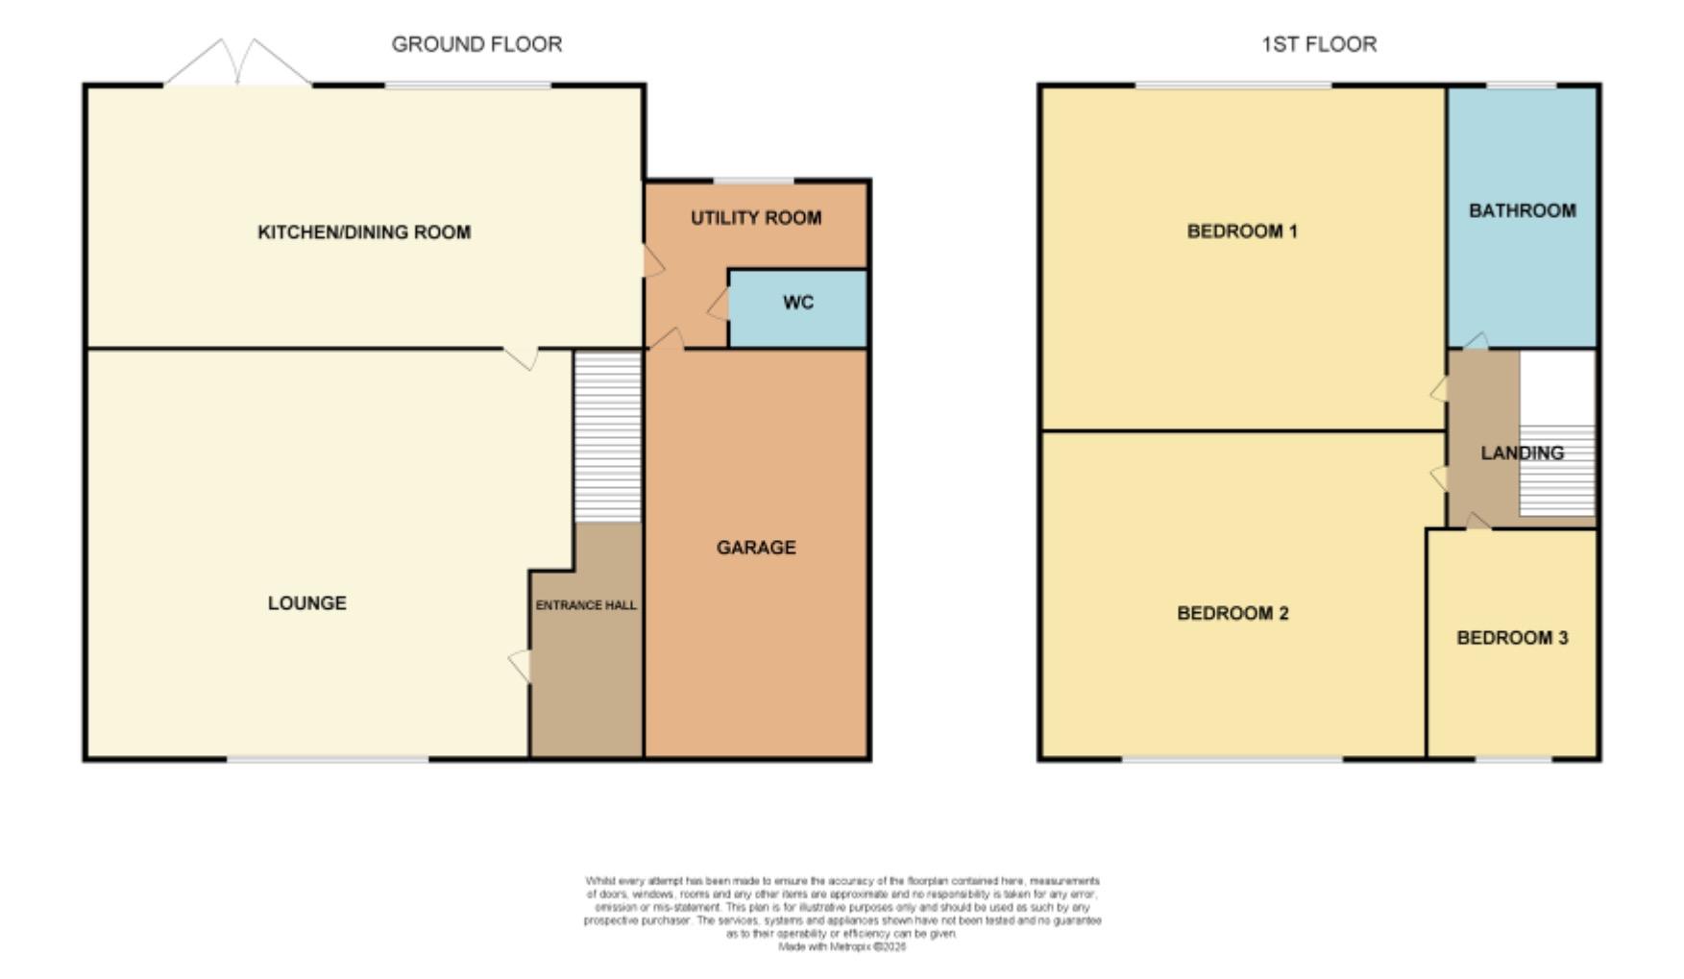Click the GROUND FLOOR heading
click(476, 44)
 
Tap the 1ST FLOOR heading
click(1318, 44)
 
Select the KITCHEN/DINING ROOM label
click(364, 233)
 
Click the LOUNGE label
click(306, 603)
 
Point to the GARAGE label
click(756, 548)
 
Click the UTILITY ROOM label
click(756, 218)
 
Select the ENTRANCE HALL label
click(586, 605)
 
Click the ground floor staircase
click(607, 437)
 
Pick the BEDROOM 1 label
click(1242, 232)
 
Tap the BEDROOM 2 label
click(1232, 614)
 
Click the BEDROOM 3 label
click(1512, 638)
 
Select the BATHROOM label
click(1522, 210)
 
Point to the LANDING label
click(1522, 453)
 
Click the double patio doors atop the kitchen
click(237, 64)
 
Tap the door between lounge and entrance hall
click(521, 665)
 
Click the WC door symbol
click(719, 306)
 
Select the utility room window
click(753, 181)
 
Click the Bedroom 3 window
click(1513, 760)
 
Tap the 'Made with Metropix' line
click(842, 947)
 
